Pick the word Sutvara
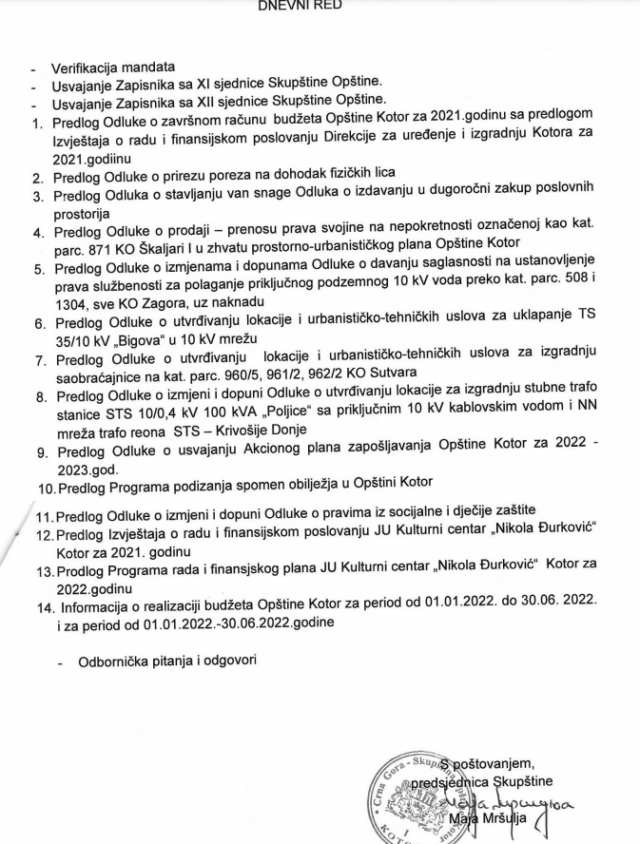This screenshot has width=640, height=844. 390,372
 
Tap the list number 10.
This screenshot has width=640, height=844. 45,489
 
